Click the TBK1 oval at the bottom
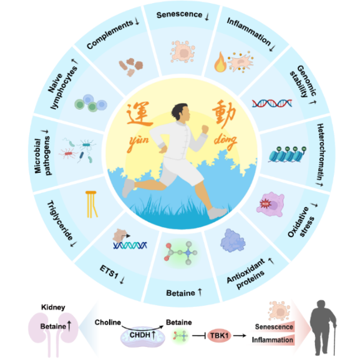pyautogui.click(x=219, y=336)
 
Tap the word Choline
pyautogui.click(x=108, y=323)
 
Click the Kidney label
pyautogui.click(x=53, y=307)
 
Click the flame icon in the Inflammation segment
pyautogui.click(x=220, y=62)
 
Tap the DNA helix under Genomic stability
pyautogui.click(x=272, y=104)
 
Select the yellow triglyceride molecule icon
pyautogui.click(x=91, y=204)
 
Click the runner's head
pyautogui.click(x=182, y=113)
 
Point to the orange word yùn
pyautogui.click(x=139, y=141)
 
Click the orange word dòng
pyautogui.click(x=225, y=141)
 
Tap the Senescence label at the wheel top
pyautogui.click(x=179, y=15)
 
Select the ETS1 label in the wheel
pyautogui.click(x=109, y=271)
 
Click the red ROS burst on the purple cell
pyautogui.click(x=265, y=203)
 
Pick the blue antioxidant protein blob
pyautogui.click(x=233, y=240)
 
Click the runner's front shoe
pyautogui.click(x=216, y=213)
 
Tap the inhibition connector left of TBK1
pyautogui.click(x=199, y=336)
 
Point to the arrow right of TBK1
pyautogui.click(x=240, y=336)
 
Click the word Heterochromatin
pyautogui.click(x=320, y=152)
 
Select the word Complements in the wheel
pyautogui.click(x=110, y=34)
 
